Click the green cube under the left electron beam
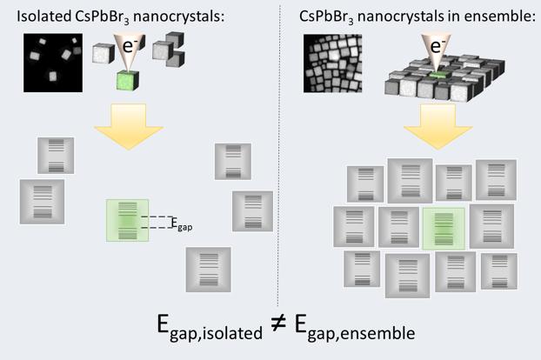(x=128, y=85)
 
